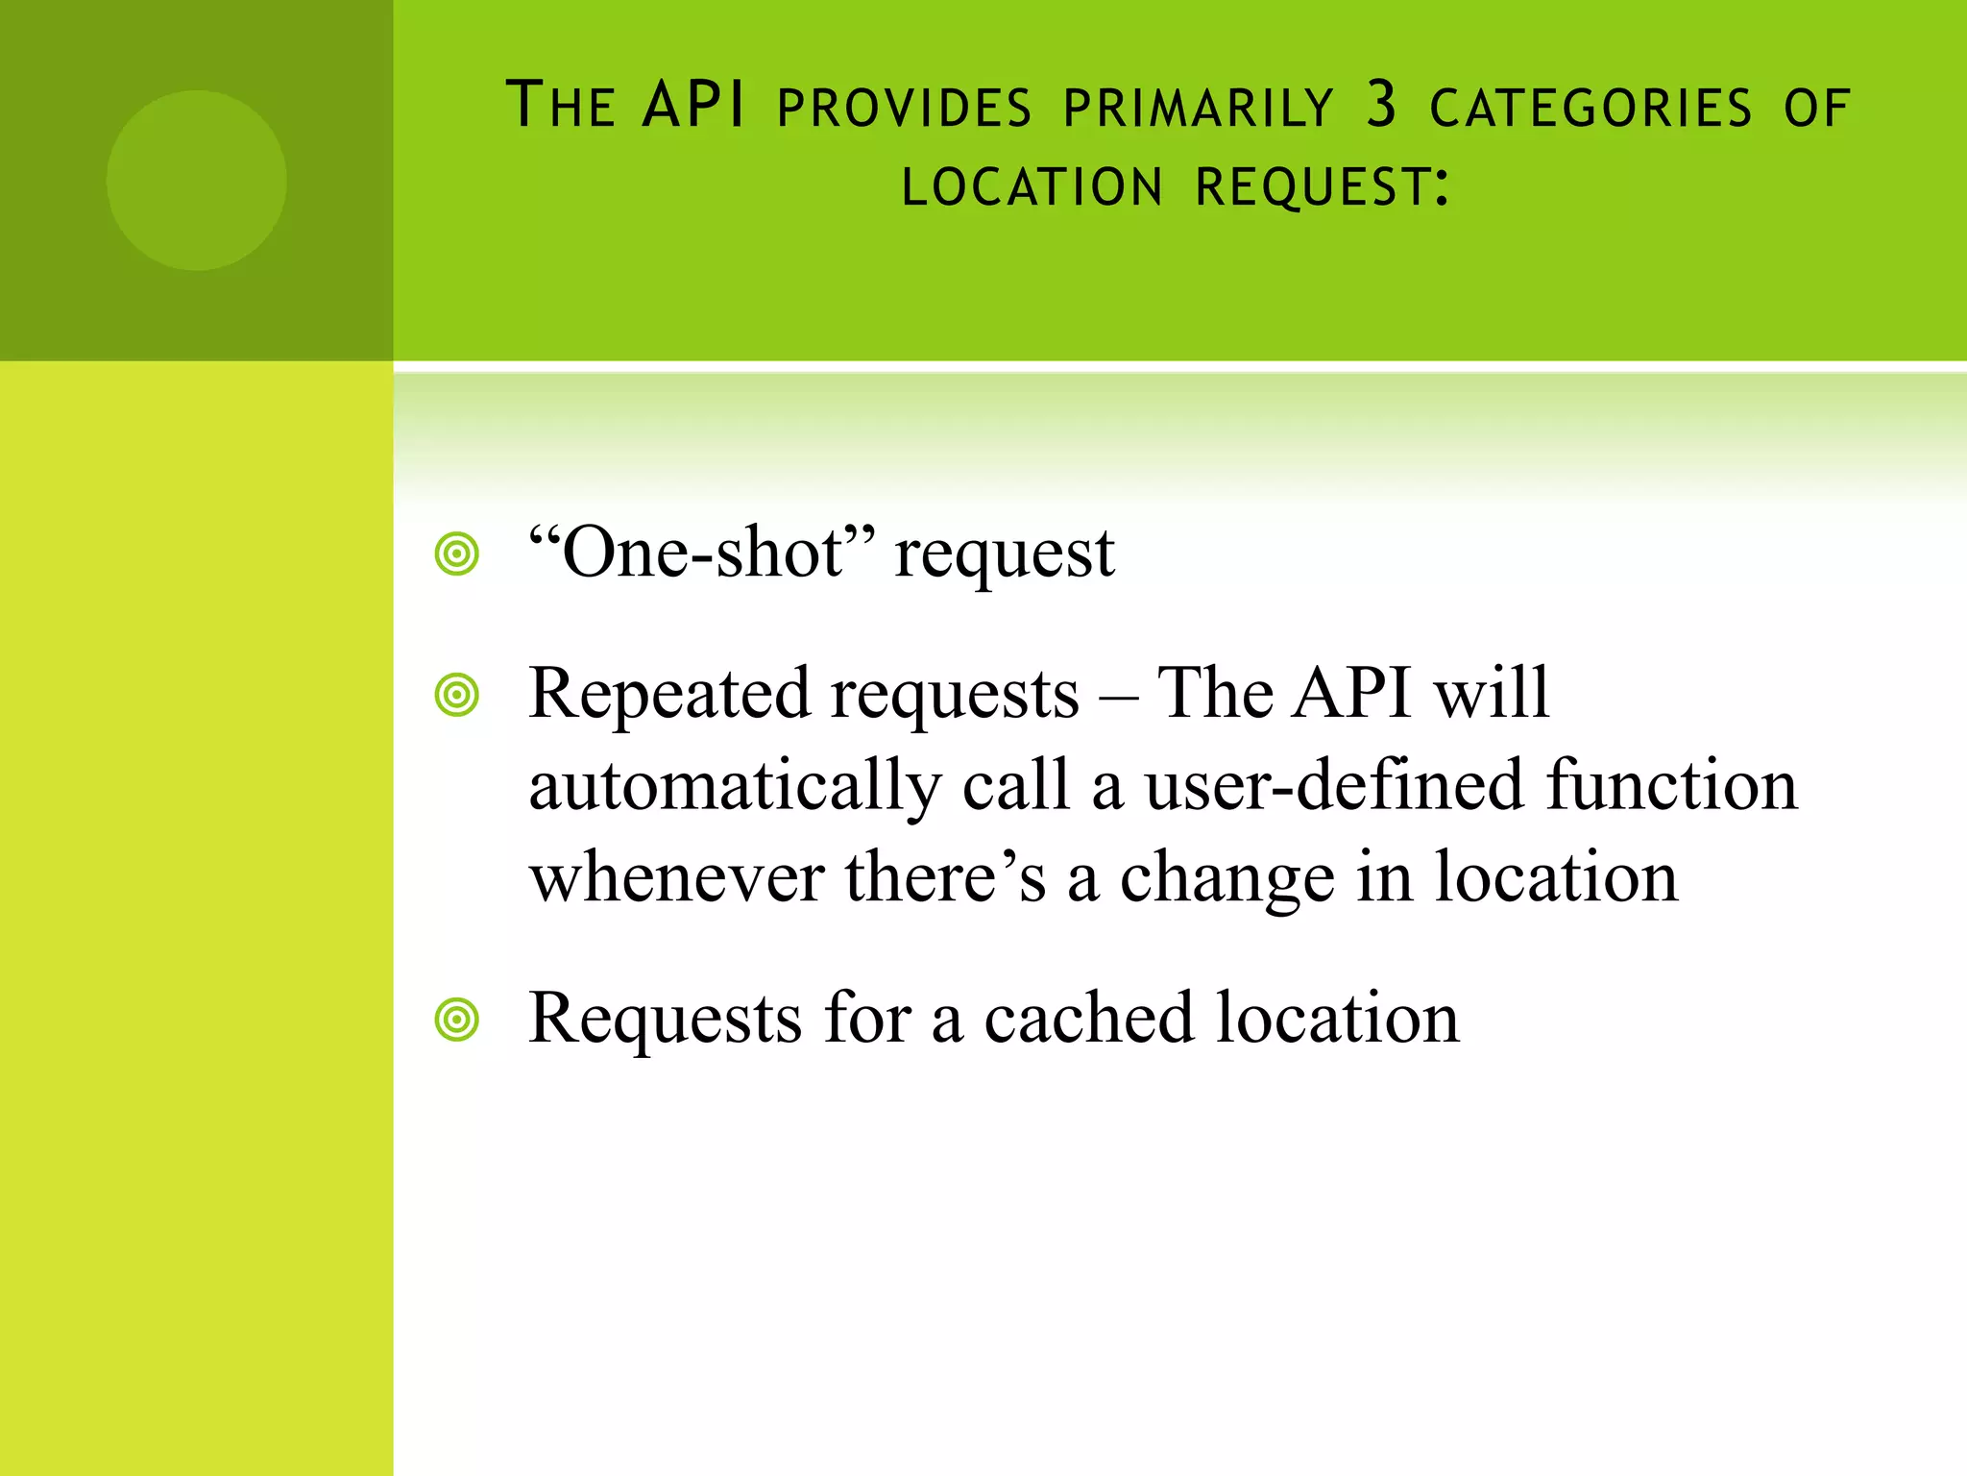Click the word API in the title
pyautogui.click(x=693, y=105)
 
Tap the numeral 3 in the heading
pyautogui.click(x=1380, y=105)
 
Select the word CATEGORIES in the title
pyautogui.click(x=1591, y=108)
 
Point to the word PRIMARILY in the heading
pyautogui.click(x=1199, y=108)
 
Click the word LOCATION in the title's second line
pyautogui.click(x=1032, y=187)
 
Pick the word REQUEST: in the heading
pyautogui.click(x=1323, y=187)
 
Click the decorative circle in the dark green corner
pyautogui.click(x=196, y=181)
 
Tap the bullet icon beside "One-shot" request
pyautogui.click(x=456, y=554)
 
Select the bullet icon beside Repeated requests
pyautogui.click(x=456, y=695)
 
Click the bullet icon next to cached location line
pyautogui.click(x=456, y=1020)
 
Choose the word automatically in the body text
pyautogui.click(x=735, y=786)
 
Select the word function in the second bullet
pyautogui.click(x=1671, y=784)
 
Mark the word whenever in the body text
pyautogui.click(x=677, y=877)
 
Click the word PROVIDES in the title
pyautogui.click(x=904, y=108)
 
